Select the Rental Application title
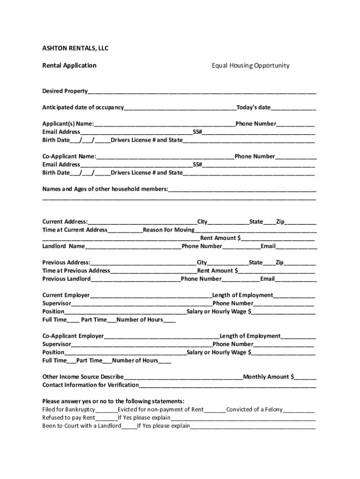(69, 65)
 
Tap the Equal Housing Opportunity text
(250, 65)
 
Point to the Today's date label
(253, 108)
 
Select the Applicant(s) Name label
(68, 124)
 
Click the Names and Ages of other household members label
(105, 189)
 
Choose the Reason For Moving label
(169, 230)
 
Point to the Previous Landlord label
(66, 279)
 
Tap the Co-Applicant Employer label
(73, 336)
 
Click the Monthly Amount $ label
(268, 377)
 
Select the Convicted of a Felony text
(254, 409)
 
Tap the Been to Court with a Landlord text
(82, 426)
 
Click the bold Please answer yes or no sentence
(113, 401)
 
